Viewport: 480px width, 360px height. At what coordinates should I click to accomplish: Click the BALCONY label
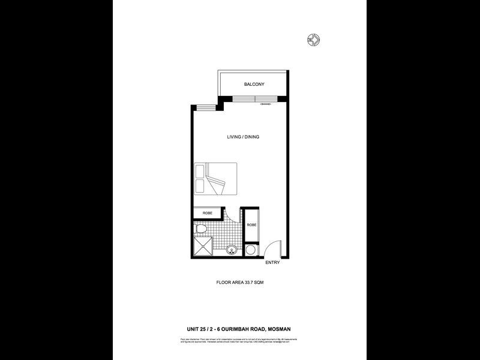(254, 85)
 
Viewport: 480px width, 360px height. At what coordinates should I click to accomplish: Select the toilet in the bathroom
(202, 229)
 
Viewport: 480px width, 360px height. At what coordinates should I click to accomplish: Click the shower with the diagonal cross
(203, 248)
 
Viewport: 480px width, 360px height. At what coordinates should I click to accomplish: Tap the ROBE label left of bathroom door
(207, 213)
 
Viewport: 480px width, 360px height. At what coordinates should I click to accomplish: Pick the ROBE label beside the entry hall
(251, 226)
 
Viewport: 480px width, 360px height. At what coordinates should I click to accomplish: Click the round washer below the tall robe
(251, 249)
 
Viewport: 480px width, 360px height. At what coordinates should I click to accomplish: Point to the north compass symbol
(313, 40)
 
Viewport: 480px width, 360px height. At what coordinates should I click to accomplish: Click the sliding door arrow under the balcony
(265, 105)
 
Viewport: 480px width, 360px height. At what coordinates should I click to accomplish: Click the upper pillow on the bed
(200, 171)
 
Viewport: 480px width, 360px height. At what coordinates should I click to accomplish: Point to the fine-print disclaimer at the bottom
(239, 341)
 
